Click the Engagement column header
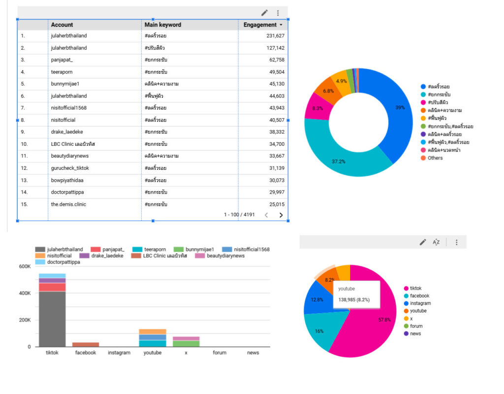tap(260, 25)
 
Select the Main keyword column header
tap(163, 25)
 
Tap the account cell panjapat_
tap(62, 60)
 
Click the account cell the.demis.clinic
tap(68, 204)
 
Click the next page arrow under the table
tap(281, 215)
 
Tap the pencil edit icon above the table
tap(264, 13)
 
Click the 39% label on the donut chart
tap(400, 107)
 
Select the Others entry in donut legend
tap(435, 158)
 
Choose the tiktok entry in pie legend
tap(415, 289)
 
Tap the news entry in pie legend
tap(415, 334)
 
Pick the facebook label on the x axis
tap(86, 353)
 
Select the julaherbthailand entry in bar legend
tap(64, 250)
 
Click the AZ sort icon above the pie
tap(436, 242)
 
